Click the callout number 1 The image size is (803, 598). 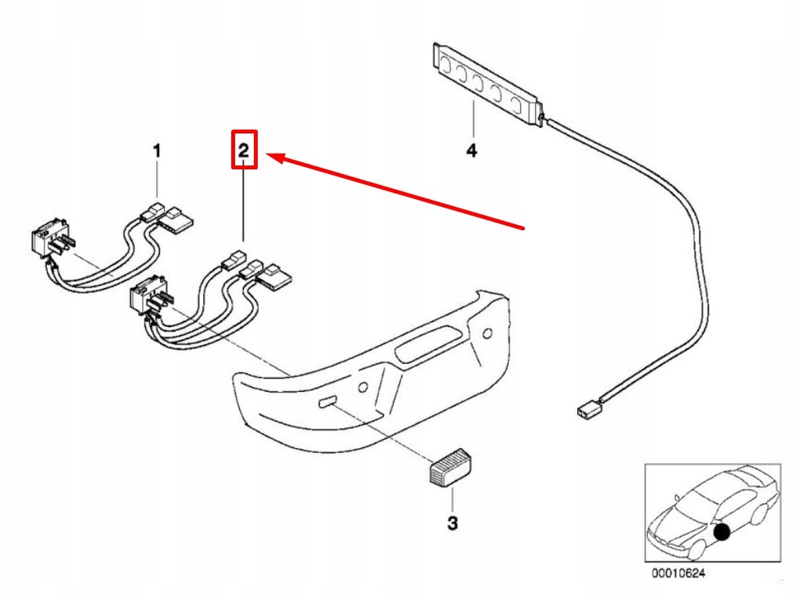pyautogui.click(x=156, y=150)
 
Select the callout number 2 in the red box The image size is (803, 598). pyautogui.click(x=244, y=150)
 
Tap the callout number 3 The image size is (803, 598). pyautogui.click(x=452, y=523)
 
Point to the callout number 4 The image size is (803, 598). pyautogui.click(x=471, y=150)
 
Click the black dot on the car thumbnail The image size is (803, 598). pyautogui.click(x=722, y=532)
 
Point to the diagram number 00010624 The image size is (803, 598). pyautogui.click(x=678, y=574)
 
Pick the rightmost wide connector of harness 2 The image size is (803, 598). pyautogui.click(x=276, y=276)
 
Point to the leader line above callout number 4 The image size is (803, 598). pyautogui.click(x=474, y=118)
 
